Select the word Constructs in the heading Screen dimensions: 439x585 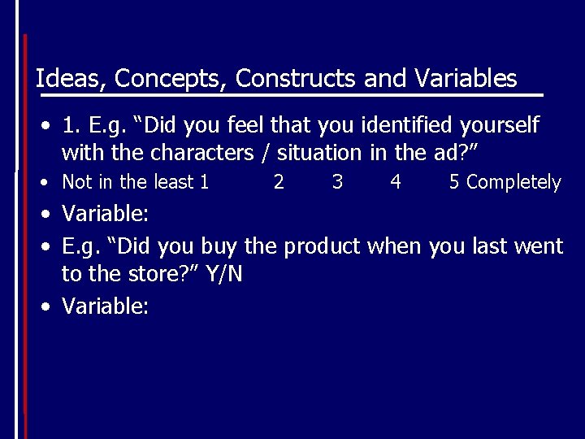(x=297, y=78)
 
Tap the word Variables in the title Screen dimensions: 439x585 (x=465, y=78)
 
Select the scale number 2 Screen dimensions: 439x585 (x=279, y=182)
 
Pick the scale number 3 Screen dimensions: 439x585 (x=337, y=182)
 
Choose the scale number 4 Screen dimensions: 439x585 (x=396, y=182)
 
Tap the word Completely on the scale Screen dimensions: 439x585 (x=513, y=183)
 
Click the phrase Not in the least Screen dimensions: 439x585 (x=129, y=182)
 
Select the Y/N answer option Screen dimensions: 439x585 (x=224, y=275)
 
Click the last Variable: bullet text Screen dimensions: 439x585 (x=106, y=306)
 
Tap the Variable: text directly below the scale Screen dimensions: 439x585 (x=106, y=215)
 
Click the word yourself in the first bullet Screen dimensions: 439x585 (x=498, y=126)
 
